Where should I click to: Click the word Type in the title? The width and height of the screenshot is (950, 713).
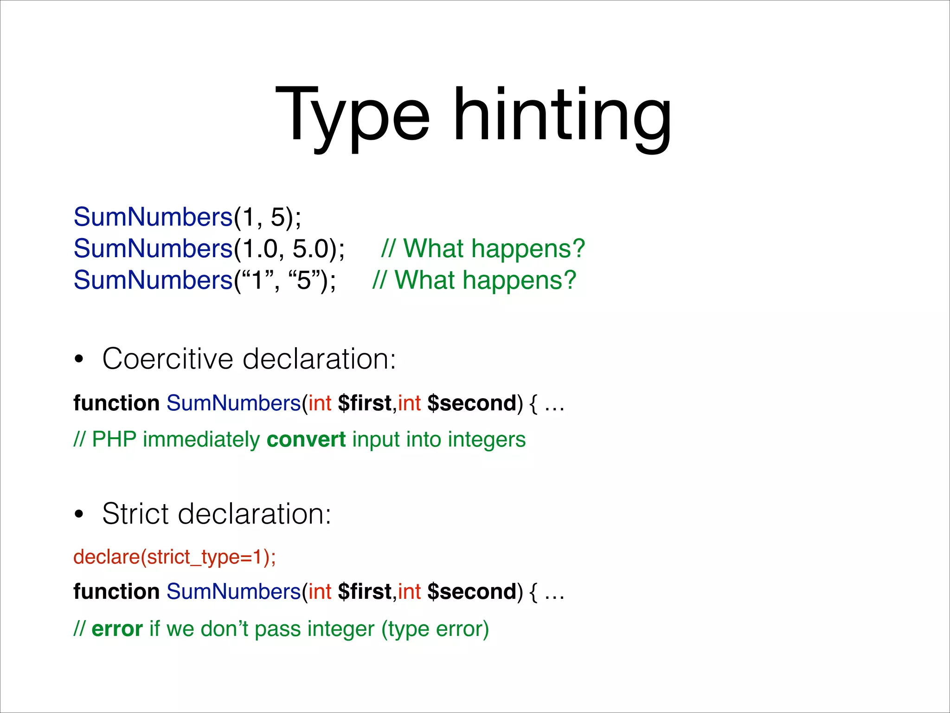(x=353, y=116)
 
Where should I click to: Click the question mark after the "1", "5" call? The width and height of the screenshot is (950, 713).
(x=569, y=280)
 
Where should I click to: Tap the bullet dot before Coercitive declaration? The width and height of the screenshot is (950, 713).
(x=79, y=359)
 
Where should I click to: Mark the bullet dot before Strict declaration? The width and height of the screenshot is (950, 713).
(x=79, y=514)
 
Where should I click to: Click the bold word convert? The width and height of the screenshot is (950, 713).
(x=306, y=439)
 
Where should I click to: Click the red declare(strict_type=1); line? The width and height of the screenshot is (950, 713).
(x=174, y=557)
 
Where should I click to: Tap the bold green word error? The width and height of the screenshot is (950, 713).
(x=117, y=629)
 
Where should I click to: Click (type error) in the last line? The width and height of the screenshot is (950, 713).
(x=435, y=629)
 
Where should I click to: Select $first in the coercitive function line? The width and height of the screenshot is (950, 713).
(x=365, y=403)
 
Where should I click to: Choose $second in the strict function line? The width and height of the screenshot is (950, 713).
(x=471, y=592)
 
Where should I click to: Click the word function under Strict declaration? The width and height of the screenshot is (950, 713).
(x=116, y=592)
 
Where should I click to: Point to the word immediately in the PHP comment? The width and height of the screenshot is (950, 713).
(x=201, y=439)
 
